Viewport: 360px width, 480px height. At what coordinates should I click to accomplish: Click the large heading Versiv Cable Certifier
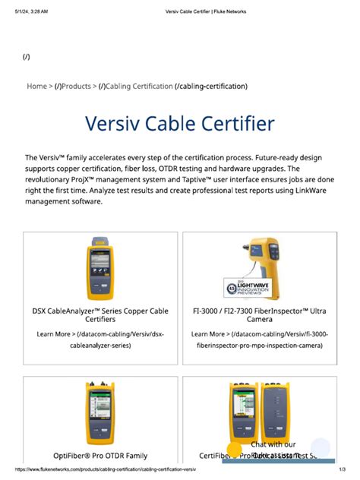180,125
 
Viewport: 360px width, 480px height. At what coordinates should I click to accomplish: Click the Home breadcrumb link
36,87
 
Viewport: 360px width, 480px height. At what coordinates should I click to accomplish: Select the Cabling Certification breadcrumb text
139,87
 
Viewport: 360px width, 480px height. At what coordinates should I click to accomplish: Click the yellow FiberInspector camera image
279,262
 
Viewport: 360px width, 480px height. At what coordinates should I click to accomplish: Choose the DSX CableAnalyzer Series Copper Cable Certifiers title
101,315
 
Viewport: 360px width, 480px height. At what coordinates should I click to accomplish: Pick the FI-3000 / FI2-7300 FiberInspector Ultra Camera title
259,315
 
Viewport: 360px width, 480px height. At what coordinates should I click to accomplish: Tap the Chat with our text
273,444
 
